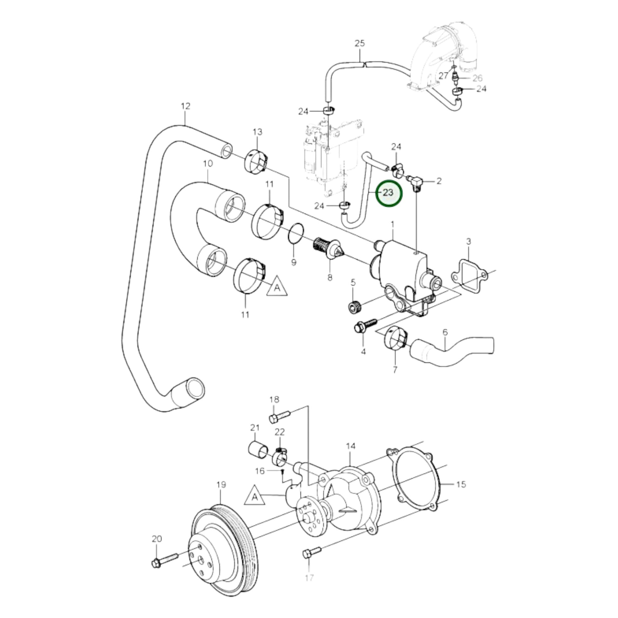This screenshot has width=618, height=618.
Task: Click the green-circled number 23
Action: (388, 193)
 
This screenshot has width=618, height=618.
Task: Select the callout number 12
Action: (185, 106)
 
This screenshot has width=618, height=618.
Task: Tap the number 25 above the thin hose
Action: (360, 43)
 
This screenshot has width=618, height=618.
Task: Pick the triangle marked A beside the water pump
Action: (255, 505)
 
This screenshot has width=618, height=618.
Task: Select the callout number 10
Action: (208, 164)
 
